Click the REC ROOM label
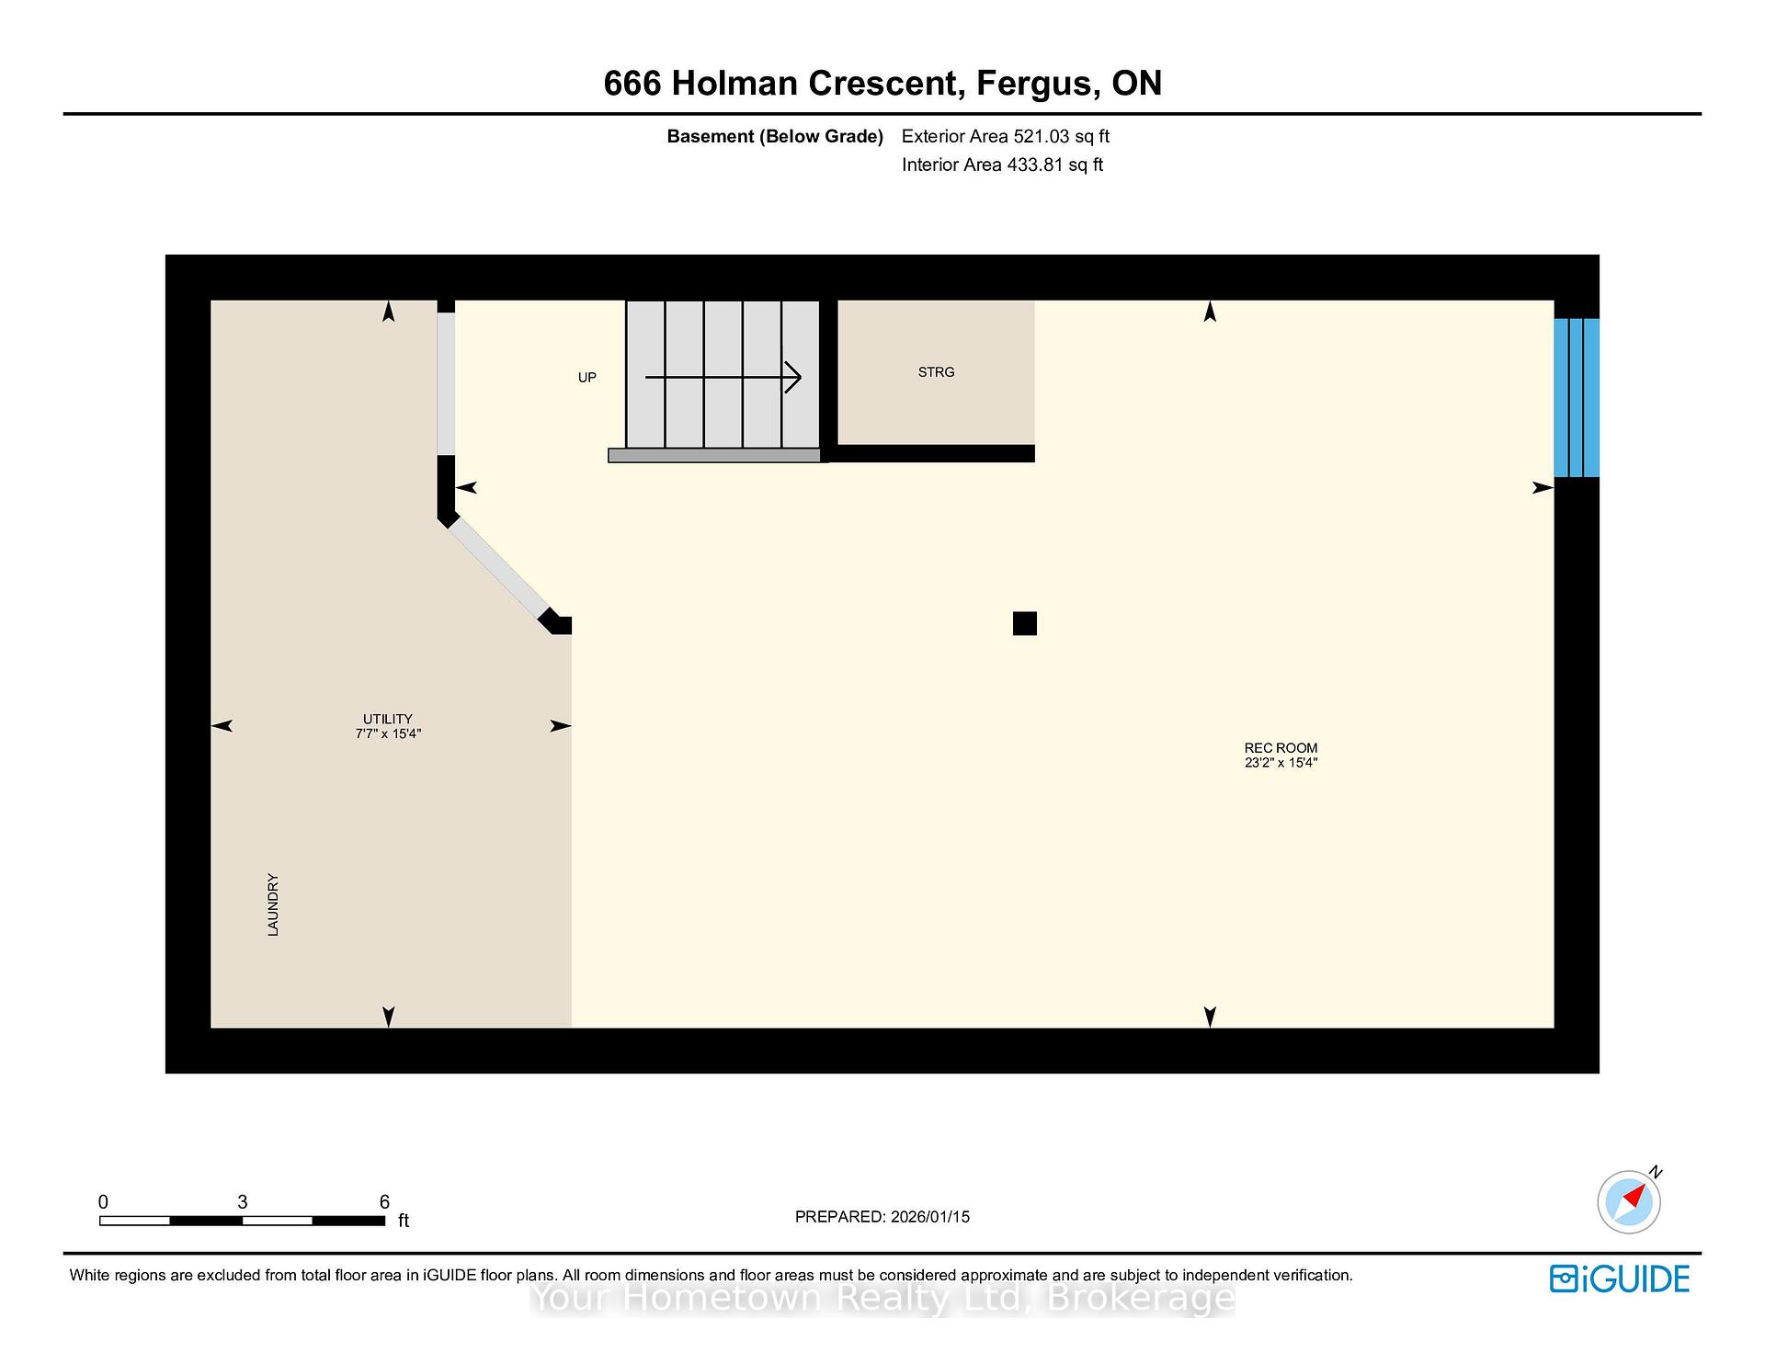(1281, 748)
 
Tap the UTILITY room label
(388, 719)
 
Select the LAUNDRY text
(273, 905)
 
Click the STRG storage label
(936, 372)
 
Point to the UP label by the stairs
(586, 378)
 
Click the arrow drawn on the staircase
(723, 377)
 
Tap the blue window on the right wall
(1577, 398)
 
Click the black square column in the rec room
(1025, 623)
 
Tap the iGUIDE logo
(1620, 1279)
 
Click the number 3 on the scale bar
(243, 1202)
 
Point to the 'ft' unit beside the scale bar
(403, 1221)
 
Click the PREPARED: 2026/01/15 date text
(882, 1217)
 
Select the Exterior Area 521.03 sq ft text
(1006, 137)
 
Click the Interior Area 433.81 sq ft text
(1002, 165)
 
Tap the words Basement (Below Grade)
(775, 137)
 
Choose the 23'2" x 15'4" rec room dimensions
(1281, 763)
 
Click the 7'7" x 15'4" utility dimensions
(388, 733)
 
